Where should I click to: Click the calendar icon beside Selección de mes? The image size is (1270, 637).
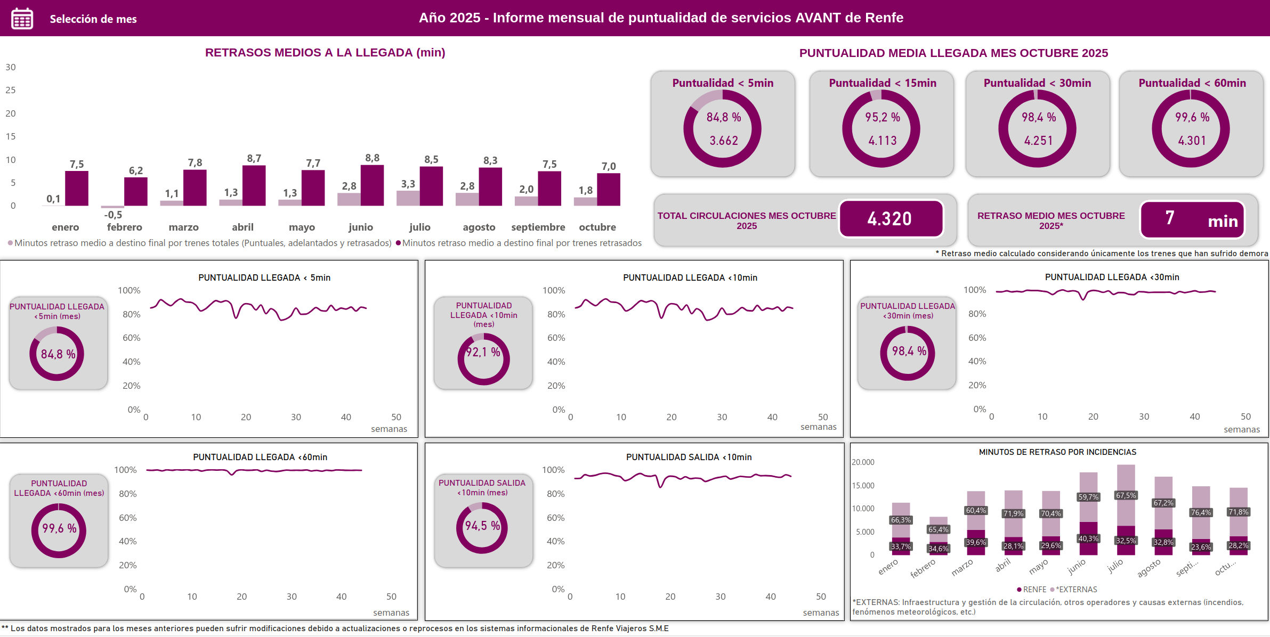point(22,19)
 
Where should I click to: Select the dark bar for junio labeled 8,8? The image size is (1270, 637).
point(372,185)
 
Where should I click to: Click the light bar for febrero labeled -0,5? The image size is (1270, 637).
point(112,207)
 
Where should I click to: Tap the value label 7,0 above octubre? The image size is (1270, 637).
point(609,166)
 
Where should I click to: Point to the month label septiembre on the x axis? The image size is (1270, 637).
point(538,227)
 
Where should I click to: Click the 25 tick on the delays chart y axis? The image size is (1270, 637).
point(11,90)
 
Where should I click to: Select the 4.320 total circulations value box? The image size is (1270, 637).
point(891,218)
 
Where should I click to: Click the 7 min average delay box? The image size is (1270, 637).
point(1192,219)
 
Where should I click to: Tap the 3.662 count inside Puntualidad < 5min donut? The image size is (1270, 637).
point(723,141)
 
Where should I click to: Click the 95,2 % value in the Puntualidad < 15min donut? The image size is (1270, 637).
point(882,117)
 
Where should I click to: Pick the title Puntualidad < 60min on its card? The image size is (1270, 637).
point(1192,83)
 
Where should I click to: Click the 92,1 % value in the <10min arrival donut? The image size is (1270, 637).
point(483,352)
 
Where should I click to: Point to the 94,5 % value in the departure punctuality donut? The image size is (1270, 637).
point(482,526)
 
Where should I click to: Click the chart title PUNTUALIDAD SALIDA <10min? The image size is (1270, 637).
point(688,457)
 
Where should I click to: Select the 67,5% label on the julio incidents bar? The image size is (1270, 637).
point(1126,495)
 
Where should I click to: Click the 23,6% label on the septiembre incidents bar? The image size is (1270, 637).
point(1200,547)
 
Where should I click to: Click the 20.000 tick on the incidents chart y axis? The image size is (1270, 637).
point(863,462)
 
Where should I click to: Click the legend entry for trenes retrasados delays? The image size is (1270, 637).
point(521,243)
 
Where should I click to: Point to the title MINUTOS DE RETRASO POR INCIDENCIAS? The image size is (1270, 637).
point(1057,452)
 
